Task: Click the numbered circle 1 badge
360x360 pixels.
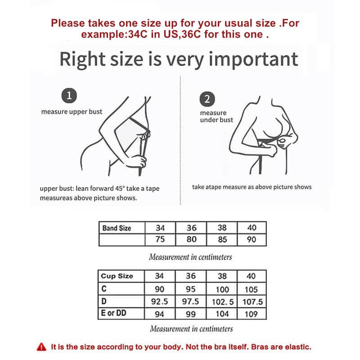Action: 68,95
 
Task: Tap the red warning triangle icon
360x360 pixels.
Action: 41,347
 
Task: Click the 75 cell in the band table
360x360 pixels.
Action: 160,239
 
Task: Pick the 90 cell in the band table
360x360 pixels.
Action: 252,239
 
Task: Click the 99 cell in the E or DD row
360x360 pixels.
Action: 191,314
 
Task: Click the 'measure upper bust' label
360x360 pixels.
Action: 72,112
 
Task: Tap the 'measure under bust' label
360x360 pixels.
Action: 216,116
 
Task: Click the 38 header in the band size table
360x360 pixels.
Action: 222,228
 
